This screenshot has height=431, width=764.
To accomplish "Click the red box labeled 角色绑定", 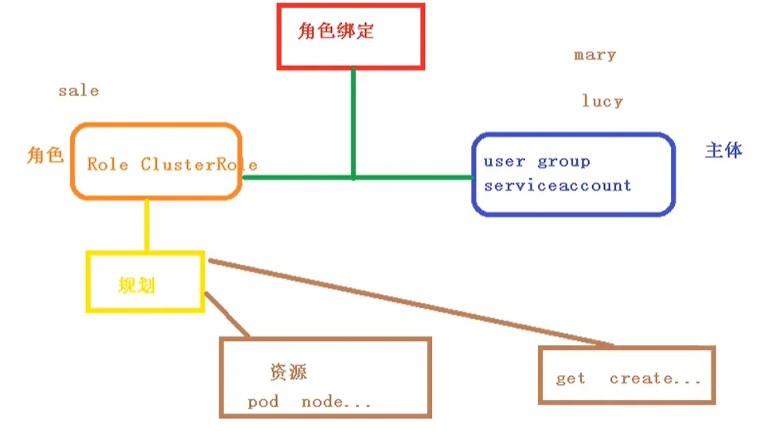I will (350, 36).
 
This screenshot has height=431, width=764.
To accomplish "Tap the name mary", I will (594, 55).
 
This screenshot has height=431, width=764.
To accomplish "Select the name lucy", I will (602, 102).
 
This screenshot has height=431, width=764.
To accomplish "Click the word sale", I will (78, 91).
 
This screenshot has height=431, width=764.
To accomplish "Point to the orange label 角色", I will (45, 156).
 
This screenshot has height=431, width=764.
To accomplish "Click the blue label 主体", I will (723, 150).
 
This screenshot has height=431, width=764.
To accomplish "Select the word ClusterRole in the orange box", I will (199, 165).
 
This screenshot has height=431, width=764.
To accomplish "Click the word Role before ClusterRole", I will (107, 165).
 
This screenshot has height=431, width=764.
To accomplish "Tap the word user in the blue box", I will (504, 161).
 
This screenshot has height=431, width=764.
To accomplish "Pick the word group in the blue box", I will (563, 161).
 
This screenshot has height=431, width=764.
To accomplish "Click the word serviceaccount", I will (557, 185).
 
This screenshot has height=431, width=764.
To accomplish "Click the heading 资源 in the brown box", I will (288, 372).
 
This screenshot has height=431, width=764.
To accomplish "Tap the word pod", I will (263, 402).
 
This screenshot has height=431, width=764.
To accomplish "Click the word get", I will (571, 379).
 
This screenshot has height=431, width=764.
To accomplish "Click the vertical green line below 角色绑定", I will (353, 119).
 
